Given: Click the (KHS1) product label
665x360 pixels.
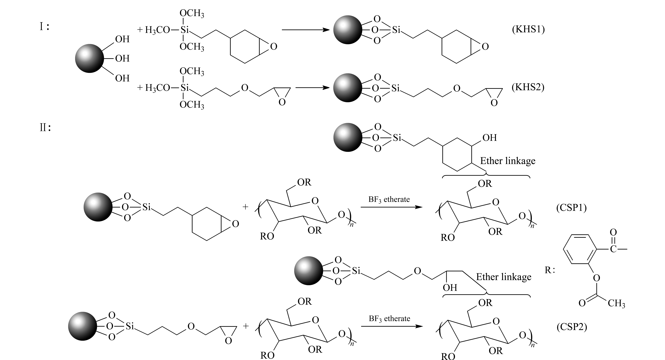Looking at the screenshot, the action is pyautogui.click(x=528, y=29).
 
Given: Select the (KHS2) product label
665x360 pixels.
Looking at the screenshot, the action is pyautogui.click(x=528, y=87).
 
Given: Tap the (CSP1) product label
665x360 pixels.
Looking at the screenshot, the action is pyautogui.click(x=571, y=208).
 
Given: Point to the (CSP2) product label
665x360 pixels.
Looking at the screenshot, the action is pyautogui.click(x=572, y=327).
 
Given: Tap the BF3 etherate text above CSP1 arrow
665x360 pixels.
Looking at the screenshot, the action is pyautogui.click(x=389, y=200).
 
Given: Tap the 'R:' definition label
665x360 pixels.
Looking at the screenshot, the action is pyautogui.click(x=550, y=270).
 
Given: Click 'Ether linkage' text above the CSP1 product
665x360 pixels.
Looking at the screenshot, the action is pyautogui.click(x=508, y=161).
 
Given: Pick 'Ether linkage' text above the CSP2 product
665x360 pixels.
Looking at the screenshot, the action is pyautogui.click(x=504, y=277).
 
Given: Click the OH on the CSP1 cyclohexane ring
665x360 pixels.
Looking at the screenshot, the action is pyautogui.click(x=489, y=138).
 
